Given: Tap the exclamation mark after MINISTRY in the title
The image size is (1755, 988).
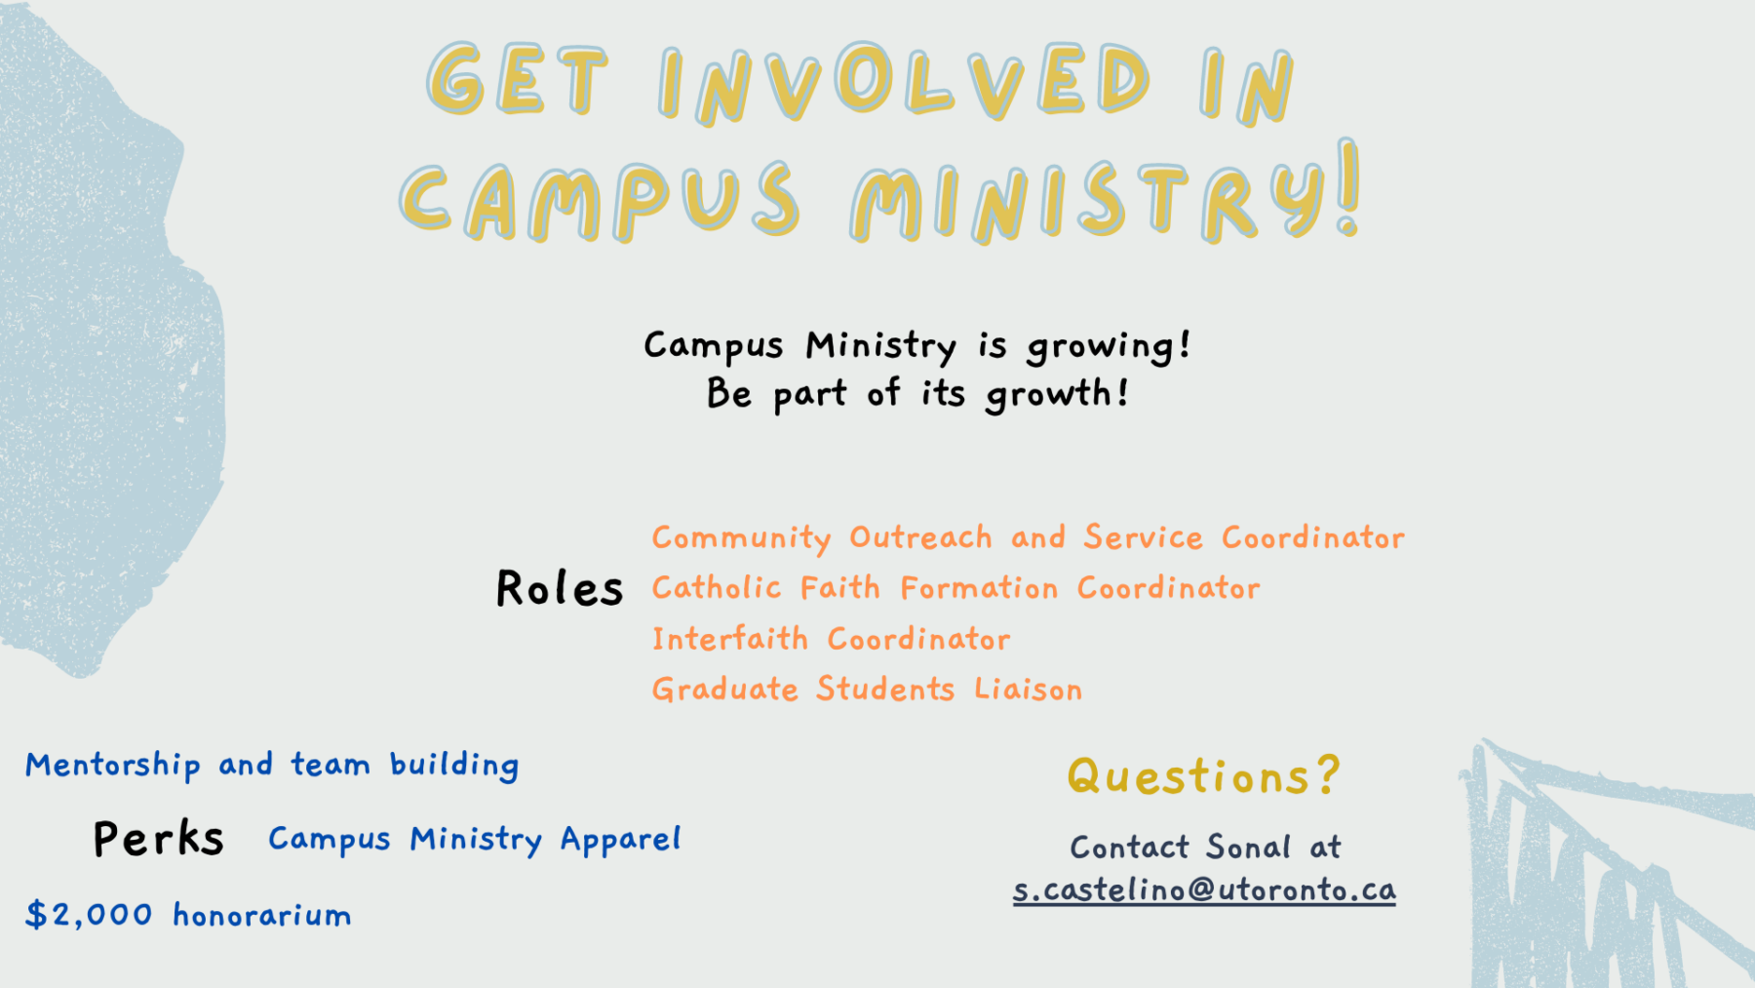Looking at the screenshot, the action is [1348, 187].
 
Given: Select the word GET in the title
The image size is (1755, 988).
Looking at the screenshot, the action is [517, 79].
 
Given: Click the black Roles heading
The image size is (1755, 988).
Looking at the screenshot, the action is [559, 588].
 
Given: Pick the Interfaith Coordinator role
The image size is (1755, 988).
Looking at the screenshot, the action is [831, 639].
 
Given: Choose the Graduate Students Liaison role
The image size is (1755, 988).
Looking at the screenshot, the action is [867, 690].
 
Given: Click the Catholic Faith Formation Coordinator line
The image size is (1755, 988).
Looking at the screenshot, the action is [955, 588].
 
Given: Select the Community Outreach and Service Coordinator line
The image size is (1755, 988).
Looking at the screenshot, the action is [1028, 537].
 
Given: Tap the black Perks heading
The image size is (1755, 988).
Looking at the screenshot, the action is [158, 838].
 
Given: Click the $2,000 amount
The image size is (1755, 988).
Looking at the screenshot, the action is [89, 915].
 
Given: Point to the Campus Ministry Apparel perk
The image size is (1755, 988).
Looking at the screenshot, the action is [474, 840].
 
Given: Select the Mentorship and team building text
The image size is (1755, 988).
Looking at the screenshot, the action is [272, 766].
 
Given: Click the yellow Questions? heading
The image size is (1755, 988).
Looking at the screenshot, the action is [1204, 777].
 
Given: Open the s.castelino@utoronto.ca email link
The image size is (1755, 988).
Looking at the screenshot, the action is [1204, 889].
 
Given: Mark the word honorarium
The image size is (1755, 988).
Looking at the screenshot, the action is [262, 915].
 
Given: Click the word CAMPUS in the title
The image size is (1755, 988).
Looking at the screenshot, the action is [600, 201].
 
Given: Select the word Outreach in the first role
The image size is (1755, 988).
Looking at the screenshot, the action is [920, 537].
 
